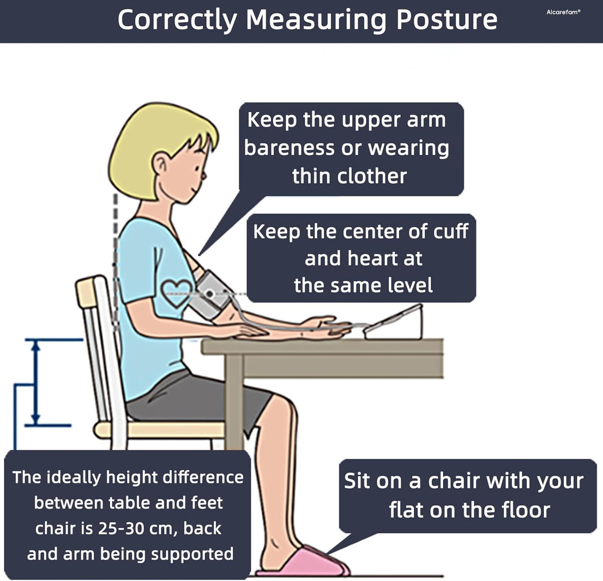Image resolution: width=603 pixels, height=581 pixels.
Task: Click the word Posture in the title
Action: [447, 20]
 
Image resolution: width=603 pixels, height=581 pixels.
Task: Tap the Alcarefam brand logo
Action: [563, 12]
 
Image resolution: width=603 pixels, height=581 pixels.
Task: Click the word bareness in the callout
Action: [290, 148]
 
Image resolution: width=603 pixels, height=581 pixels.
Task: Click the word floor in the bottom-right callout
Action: [526, 510]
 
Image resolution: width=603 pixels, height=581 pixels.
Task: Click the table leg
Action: [234, 402]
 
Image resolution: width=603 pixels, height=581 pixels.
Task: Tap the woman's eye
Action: [197, 169]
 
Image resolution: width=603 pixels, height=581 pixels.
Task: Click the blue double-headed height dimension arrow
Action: [36, 383]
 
